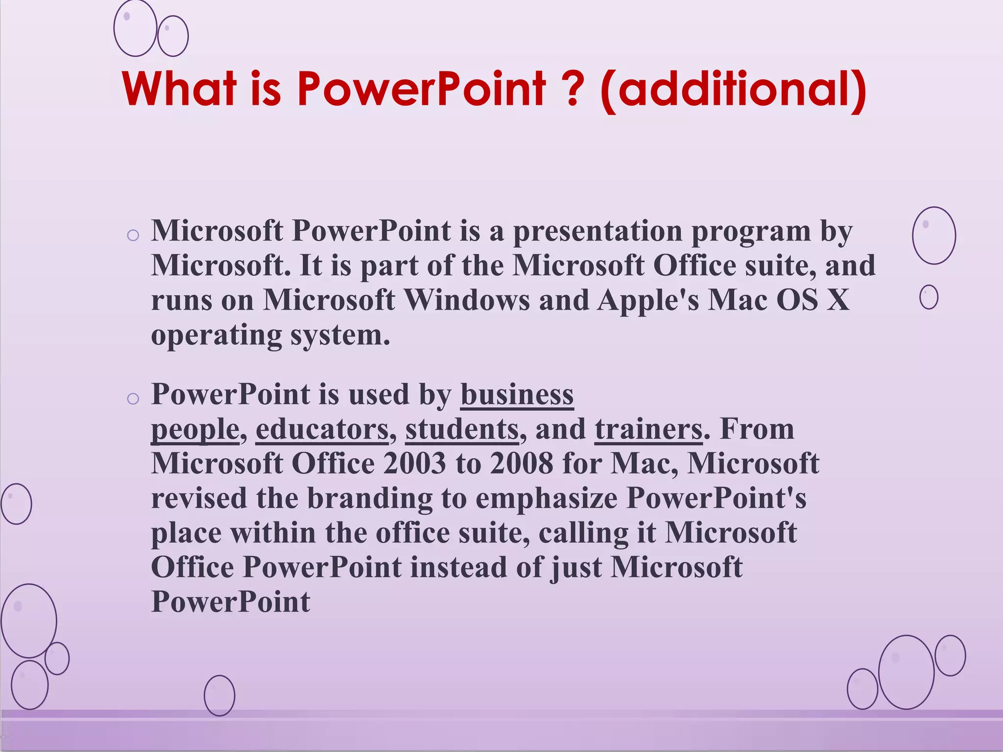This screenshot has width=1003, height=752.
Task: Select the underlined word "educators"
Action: [322, 429]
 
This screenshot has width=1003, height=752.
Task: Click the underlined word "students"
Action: [462, 429]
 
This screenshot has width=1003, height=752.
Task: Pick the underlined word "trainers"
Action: [649, 429]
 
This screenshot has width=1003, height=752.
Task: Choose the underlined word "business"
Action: [517, 395]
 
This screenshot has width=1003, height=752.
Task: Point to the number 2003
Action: [415, 464]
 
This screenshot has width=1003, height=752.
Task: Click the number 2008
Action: [522, 464]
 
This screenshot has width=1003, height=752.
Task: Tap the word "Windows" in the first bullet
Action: [467, 300]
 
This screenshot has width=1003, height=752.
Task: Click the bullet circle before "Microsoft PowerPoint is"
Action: [133, 235]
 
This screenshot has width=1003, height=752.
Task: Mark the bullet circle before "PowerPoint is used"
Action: [133, 399]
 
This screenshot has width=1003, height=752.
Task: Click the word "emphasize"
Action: [547, 499]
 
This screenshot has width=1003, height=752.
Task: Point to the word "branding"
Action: [370, 499]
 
